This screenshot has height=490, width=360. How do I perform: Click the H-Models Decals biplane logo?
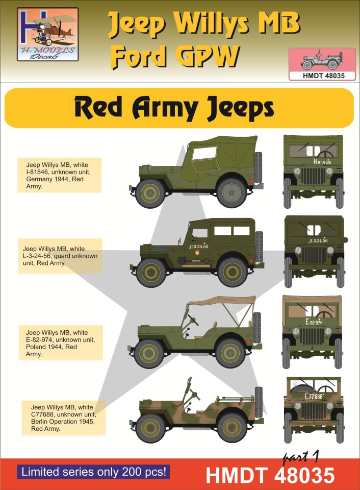(x=47, y=34)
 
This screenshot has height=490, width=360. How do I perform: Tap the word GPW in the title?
(x=207, y=56)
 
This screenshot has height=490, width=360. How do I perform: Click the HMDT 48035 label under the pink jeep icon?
(x=322, y=76)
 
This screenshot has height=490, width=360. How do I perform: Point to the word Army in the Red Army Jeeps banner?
(x=164, y=108)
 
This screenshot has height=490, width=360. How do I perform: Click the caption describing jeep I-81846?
(x=59, y=175)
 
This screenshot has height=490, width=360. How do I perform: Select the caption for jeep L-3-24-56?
(x=60, y=256)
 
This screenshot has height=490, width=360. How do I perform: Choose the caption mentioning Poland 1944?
(x=61, y=343)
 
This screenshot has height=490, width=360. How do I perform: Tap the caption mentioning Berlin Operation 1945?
(x=63, y=418)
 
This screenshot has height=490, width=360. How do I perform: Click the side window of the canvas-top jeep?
(x=204, y=153)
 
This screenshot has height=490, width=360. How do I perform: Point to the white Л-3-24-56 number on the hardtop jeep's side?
(x=198, y=246)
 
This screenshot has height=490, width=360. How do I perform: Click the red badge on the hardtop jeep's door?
(x=197, y=253)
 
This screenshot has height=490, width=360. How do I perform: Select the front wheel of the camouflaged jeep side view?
(x=151, y=428)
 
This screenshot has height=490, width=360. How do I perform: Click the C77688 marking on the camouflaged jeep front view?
(x=314, y=397)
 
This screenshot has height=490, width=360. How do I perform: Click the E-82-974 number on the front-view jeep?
(x=314, y=322)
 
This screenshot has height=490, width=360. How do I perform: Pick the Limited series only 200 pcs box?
(x=94, y=472)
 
